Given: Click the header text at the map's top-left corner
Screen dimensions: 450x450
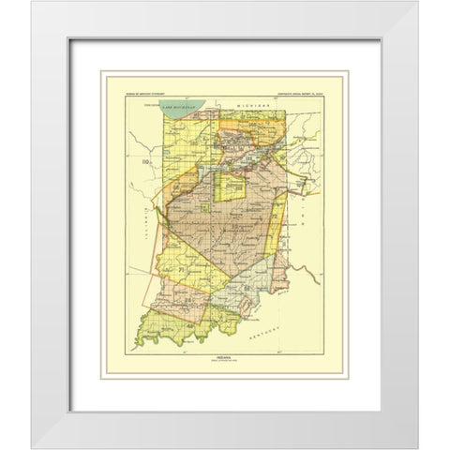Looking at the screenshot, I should pyautogui.click(x=146, y=97).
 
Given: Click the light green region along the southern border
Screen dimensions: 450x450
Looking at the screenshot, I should pyautogui.click(x=169, y=328).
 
